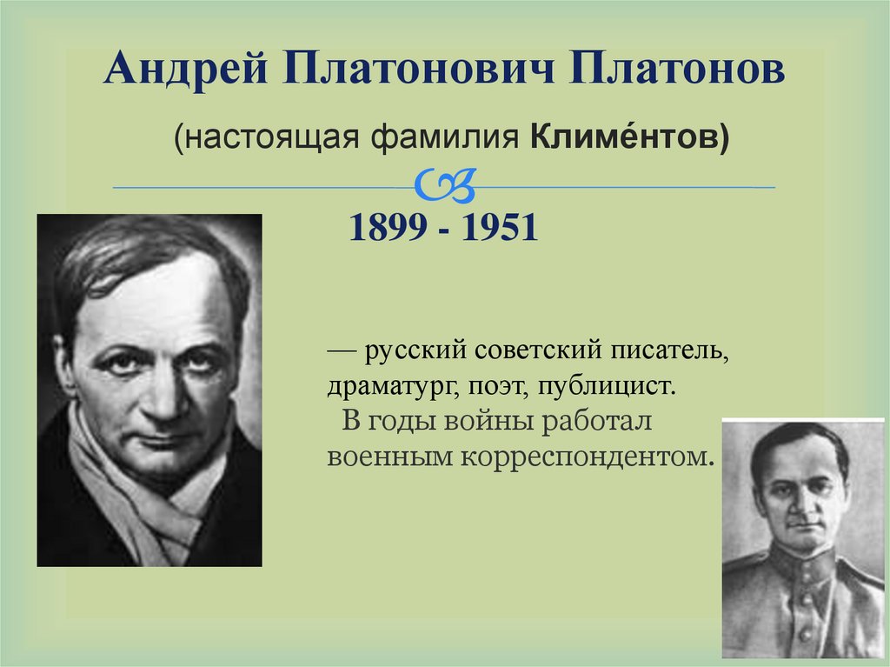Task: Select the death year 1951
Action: [x=497, y=228]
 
